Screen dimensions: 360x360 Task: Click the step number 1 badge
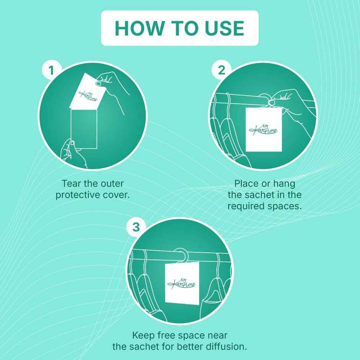pos(51,70)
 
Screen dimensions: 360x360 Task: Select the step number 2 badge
pos(221,70)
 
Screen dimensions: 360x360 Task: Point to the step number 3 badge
pos(136,227)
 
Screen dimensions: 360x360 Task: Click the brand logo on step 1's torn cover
pos(88,96)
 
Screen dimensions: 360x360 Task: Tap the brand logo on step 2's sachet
pos(263,130)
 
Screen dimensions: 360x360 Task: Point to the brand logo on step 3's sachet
pos(182,283)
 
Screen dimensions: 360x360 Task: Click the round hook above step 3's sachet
pos(182,255)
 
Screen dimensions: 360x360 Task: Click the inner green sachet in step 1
pos(84,129)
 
